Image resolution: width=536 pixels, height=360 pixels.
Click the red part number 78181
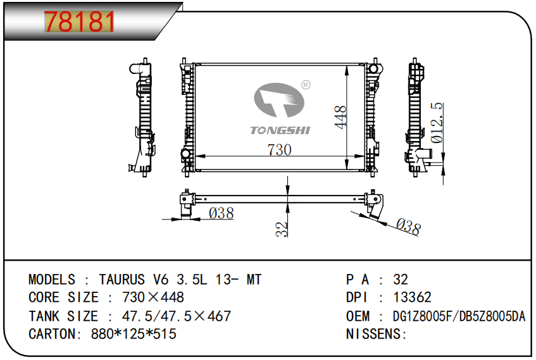[x=79, y=23]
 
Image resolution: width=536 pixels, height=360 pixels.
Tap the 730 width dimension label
[x=278, y=150]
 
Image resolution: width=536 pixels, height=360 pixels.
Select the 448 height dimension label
[x=340, y=118]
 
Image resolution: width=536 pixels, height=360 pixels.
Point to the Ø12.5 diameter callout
[x=436, y=123]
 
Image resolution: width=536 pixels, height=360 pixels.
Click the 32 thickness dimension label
[x=282, y=228]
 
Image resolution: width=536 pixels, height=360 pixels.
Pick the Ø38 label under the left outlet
[x=221, y=214]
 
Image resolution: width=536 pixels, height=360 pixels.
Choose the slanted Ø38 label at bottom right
[x=408, y=226]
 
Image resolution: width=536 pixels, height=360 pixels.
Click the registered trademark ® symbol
[x=305, y=84]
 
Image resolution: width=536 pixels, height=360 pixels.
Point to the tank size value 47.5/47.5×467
[x=170, y=316]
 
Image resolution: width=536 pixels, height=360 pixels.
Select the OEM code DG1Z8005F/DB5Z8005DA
[x=459, y=316]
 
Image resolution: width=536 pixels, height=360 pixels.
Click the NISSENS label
[x=375, y=333]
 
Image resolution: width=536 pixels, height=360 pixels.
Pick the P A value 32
[x=401, y=280]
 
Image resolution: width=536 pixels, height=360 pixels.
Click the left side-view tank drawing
[x=144, y=119]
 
